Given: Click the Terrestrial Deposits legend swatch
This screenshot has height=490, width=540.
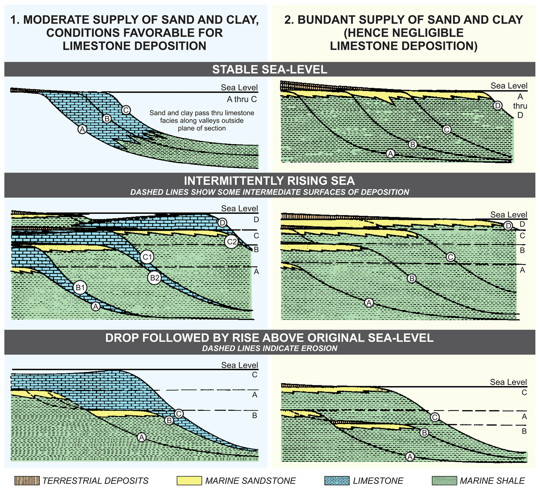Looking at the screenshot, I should (x=27, y=481).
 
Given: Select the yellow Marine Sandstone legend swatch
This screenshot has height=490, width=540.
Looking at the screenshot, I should (x=189, y=481).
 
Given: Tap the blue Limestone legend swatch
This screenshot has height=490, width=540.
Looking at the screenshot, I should (x=337, y=481).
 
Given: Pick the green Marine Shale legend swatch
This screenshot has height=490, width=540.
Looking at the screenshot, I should (x=444, y=481).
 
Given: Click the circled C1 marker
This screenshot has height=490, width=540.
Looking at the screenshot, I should (x=147, y=257).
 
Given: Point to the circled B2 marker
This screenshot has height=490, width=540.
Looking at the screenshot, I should (x=155, y=278).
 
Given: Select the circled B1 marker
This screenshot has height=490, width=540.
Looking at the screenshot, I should (x=80, y=288).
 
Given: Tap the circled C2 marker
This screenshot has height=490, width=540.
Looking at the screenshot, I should (x=231, y=242).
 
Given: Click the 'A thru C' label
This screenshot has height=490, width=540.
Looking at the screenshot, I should (x=242, y=99).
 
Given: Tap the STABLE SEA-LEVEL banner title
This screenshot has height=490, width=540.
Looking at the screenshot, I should (x=270, y=70).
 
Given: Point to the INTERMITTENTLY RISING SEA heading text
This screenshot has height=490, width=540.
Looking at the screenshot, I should (x=269, y=181).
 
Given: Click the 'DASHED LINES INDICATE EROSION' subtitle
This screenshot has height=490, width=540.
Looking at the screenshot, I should (x=270, y=349).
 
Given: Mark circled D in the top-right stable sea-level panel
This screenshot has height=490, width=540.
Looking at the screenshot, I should (x=497, y=105).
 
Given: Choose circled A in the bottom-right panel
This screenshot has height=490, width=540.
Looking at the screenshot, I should (x=410, y=457).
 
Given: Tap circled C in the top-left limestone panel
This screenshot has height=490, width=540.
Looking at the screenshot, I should (x=126, y=110).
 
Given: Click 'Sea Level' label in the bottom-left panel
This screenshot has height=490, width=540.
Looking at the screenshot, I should (x=240, y=365).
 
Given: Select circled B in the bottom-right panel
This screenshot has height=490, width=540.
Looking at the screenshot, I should (x=424, y=433).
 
